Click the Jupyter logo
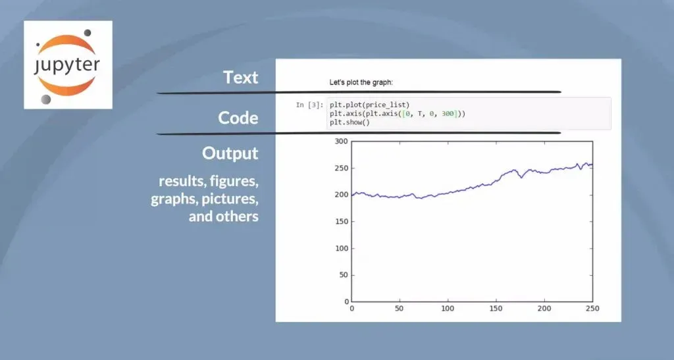click(x=68, y=65)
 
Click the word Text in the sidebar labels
click(x=241, y=78)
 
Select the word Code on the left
click(x=238, y=118)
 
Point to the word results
click(x=181, y=181)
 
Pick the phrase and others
click(x=224, y=216)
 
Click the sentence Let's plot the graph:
click(x=361, y=82)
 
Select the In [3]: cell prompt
click(x=309, y=105)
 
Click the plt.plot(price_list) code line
click(x=370, y=105)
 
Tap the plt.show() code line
click(x=350, y=122)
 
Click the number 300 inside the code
click(x=448, y=114)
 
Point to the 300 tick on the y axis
click(x=342, y=141)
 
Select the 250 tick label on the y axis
click(x=342, y=168)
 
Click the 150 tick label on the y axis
click(x=342, y=222)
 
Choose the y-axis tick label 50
click(x=344, y=275)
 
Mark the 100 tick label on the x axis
click(x=448, y=309)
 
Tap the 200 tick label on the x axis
click(x=544, y=309)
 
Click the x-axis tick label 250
click(x=592, y=309)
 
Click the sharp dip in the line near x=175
click(x=521, y=177)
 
